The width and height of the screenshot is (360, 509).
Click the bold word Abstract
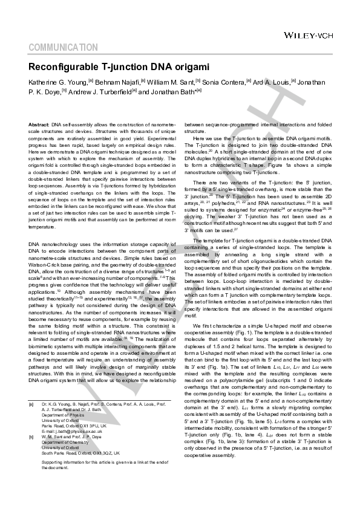(x=39, y=124)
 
